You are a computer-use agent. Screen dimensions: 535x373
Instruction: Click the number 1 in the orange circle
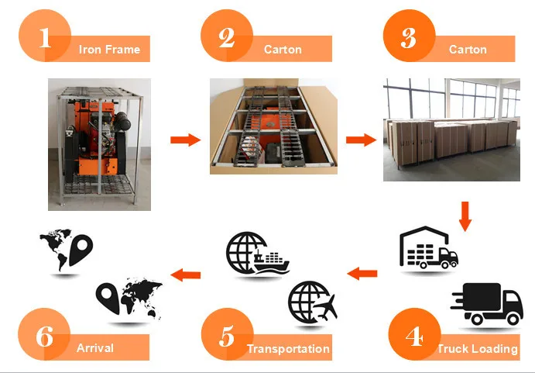coord(45,37)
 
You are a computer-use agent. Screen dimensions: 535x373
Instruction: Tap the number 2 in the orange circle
coord(227,37)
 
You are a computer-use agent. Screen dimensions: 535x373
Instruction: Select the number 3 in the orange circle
coord(409,37)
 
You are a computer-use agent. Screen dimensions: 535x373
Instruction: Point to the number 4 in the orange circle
coord(414,336)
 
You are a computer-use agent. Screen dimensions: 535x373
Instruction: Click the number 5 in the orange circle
coord(227,336)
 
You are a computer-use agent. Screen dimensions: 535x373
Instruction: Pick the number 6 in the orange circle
coord(45,336)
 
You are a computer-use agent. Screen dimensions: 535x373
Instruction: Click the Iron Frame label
coord(109,50)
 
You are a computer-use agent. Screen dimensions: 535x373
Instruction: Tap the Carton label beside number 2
coord(283,50)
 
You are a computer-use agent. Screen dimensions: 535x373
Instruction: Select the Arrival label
coord(95,348)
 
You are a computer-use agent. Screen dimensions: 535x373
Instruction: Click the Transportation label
coord(288,349)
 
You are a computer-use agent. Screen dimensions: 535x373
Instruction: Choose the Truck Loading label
coord(478,349)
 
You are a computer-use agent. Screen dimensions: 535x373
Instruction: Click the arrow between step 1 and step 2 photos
coord(185,140)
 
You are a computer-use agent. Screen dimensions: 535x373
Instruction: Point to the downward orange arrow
coord(465,216)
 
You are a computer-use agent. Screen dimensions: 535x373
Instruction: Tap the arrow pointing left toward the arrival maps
coord(185,275)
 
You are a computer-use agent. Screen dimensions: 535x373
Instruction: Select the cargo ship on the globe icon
coord(271,263)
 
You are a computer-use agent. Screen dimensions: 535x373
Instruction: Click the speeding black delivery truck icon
coord(487,304)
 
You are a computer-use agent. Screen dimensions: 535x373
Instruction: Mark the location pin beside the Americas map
coord(81,249)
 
